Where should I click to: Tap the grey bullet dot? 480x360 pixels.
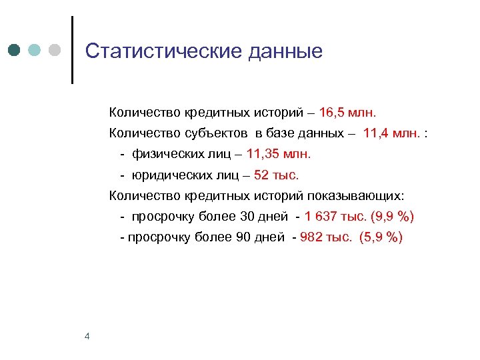(x=55, y=51)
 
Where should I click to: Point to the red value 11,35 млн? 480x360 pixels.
(x=279, y=154)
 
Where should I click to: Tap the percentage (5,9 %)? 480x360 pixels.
(x=381, y=238)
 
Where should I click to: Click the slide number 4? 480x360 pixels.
(x=87, y=336)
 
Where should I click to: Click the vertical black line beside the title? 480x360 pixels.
(x=72, y=49)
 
